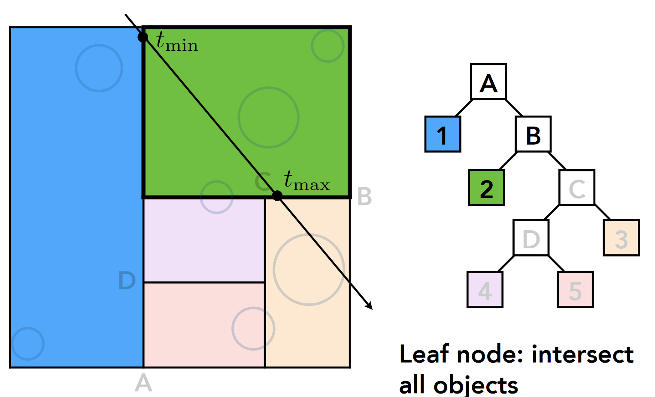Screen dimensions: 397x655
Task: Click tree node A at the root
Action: click(x=488, y=82)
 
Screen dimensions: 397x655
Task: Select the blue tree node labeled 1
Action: click(x=443, y=134)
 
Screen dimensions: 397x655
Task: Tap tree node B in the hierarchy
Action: click(x=533, y=134)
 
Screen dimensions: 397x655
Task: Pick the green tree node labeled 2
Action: click(x=486, y=188)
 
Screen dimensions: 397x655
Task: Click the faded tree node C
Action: click(x=577, y=187)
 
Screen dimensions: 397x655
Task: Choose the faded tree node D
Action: click(x=531, y=238)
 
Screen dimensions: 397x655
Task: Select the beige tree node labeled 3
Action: click(x=621, y=238)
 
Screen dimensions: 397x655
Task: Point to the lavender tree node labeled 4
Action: click(x=485, y=290)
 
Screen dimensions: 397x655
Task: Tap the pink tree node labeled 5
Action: click(x=575, y=290)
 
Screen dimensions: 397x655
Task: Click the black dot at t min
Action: click(x=143, y=37)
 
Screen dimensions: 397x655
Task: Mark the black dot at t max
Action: click(x=277, y=196)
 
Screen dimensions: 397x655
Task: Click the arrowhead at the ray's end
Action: click(x=369, y=306)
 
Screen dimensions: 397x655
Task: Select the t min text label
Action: click(x=177, y=42)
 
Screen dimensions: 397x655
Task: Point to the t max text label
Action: click(x=306, y=181)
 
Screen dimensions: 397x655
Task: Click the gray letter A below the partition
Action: click(x=143, y=383)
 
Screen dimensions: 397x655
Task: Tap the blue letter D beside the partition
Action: click(x=127, y=281)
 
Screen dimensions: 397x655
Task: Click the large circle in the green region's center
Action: click(x=269, y=117)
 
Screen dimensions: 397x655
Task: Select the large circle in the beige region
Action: click(x=309, y=269)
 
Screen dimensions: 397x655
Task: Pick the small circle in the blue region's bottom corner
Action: click(x=28, y=343)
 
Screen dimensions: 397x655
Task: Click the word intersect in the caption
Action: click(x=582, y=355)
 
